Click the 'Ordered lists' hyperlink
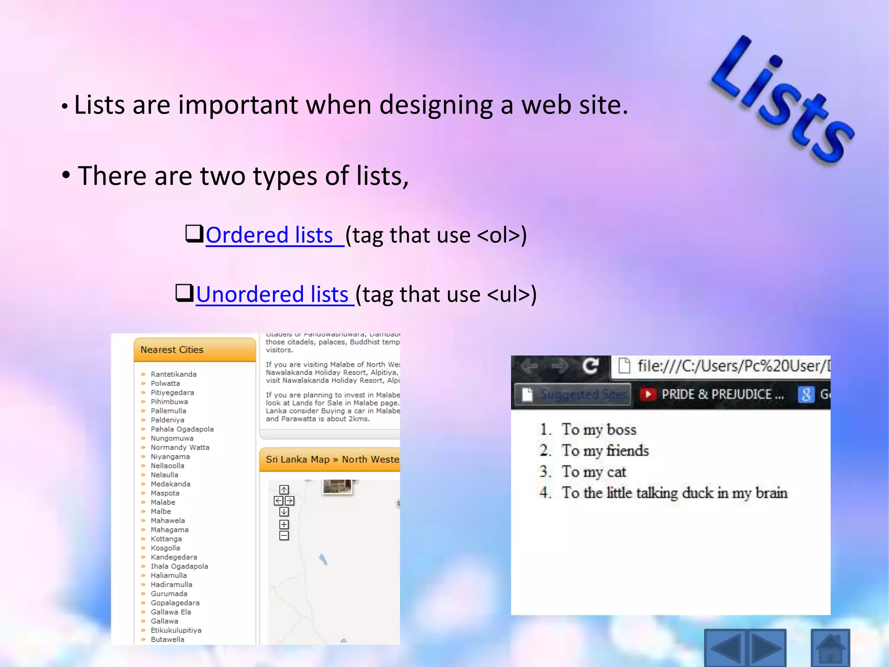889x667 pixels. (x=269, y=235)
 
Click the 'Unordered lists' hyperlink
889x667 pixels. (x=273, y=295)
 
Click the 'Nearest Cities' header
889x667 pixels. (x=172, y=350)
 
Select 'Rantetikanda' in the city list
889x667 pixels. (x=173, y=374)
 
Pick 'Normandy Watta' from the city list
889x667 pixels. (x=180, y=448)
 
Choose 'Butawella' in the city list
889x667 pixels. (x=167, y=640)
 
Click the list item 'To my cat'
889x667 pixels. (x=593, y=472)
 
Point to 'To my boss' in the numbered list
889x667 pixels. (x=599, y=430)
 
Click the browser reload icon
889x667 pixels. (x=590, y=366)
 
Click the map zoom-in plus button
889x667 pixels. (x=284, y=525)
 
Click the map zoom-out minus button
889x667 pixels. (x=284, y=536)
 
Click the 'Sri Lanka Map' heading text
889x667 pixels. (x=298, y=459)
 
